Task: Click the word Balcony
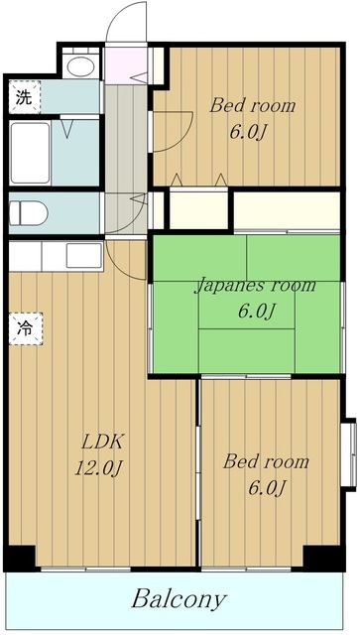tap(179, 599)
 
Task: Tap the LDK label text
tap(101, 443)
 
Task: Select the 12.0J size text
tap(98, 468)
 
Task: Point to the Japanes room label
tap(255, 286)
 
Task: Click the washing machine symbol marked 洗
tap(25, 97)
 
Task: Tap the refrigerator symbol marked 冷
tap(26, 328)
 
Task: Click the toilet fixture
tap(28, 213)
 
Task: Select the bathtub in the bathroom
tap(31, 153)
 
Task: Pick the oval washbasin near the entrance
tap(81, 66)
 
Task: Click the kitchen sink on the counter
tap(84, 256)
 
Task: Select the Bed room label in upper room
tap(252, 106)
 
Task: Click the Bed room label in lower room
tap(266, 462)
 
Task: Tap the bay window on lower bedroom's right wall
tap(349, 454)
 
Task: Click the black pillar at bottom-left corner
tap(20, 558)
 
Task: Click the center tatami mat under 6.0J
tap(246, 311)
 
